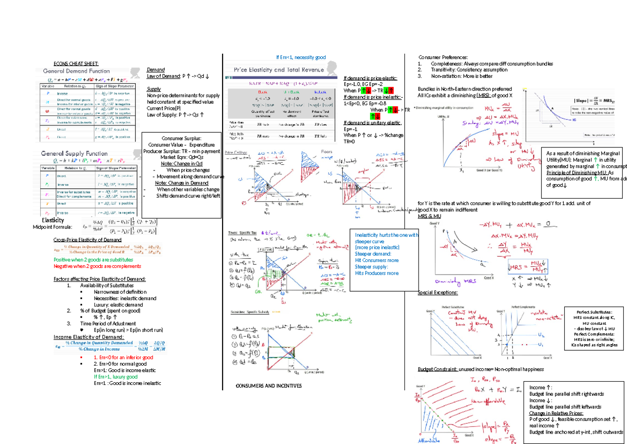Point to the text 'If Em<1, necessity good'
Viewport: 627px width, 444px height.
tap(300, 58)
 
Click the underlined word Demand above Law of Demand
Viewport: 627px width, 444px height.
tap(156, 70)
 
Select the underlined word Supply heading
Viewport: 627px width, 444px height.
tap(154, 89)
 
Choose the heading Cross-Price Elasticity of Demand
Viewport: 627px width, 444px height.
tap(87, 240)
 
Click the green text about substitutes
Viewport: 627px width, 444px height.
tap(93, 259)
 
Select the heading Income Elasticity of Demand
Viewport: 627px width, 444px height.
tap(88, 337)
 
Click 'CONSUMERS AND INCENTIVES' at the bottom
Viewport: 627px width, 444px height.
tap(269, 386)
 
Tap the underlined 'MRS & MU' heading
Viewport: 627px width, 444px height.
tap(429, 216)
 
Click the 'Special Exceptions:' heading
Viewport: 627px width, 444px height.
tap(438, 293)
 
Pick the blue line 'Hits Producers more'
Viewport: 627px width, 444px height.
tap(377, 273)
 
